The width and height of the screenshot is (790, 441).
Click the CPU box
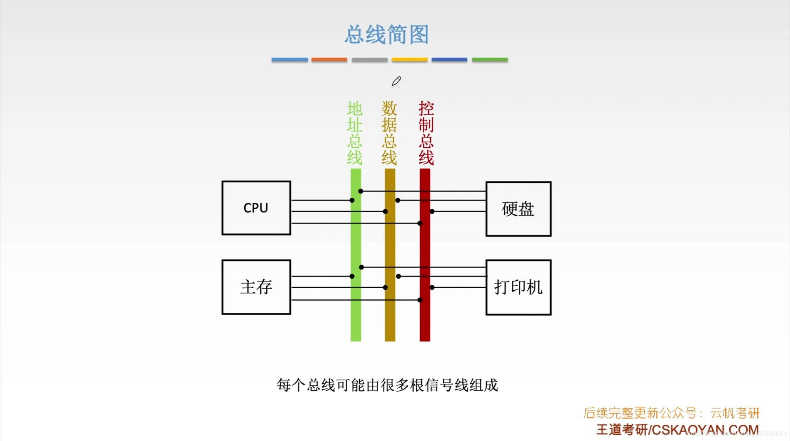click(x=256, y=208)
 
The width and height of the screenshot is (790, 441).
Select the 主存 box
click(x=256, y=287)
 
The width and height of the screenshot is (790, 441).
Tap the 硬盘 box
click(x=518, y=209)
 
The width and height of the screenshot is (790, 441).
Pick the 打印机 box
click(x=518, y=287)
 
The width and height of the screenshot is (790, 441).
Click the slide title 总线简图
click(x=386, y=34)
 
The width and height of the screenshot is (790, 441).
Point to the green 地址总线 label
click(x=355, y=133)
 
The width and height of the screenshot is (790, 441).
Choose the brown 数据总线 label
click(x=389, y=133)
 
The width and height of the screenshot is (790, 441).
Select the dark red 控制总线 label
click(x=426, y=133)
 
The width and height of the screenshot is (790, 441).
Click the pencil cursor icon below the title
click(x=396, y=81)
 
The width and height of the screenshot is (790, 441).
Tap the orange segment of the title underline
click(x=329, y=60)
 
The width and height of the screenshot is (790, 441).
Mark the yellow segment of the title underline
click(x=409, y=60)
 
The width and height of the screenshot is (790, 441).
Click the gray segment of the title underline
click(x=369, y=60)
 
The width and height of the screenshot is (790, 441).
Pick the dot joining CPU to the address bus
click(x=352, y=200)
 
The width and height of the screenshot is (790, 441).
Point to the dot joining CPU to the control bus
click(x=420, y=223)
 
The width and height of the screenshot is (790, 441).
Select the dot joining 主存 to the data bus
click(x=385, y=287)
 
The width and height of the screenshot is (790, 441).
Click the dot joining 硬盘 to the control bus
click(x=432, y=211)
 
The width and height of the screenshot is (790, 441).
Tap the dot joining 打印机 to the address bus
click(x=361, y=267)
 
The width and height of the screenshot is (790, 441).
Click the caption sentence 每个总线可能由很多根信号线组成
click(x=387, y=385)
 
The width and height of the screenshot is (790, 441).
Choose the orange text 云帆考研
click(x=735, y=413)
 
